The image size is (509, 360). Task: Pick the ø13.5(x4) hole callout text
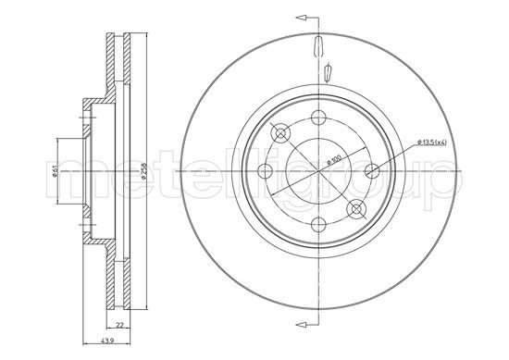431,141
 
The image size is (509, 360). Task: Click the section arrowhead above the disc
299,17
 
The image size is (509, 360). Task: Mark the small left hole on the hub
264,169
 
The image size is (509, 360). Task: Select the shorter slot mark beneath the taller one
329,71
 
